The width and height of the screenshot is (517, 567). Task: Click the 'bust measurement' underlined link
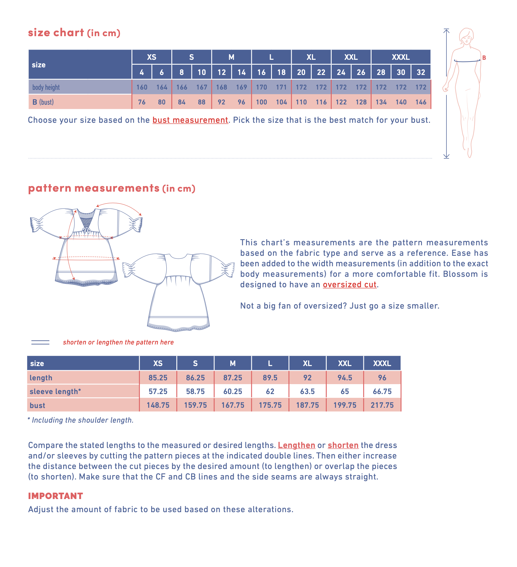(x=190, y=120)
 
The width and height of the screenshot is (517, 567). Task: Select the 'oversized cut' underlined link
(x=349, y=285)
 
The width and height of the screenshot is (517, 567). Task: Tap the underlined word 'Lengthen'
(x=296, y=445)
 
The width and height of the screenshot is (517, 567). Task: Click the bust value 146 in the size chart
(x=421, y=102)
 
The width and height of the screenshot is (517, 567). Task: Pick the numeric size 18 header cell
(x=281, y=72)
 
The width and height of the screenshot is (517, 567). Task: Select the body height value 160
(x=142, y=87)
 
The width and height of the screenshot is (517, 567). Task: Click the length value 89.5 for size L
(x=270, y=378)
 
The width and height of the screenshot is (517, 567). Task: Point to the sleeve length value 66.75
(x=382, y=391)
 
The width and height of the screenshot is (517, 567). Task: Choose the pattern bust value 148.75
(x=158, y=405)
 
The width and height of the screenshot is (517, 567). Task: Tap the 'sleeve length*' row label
(x=55, y=391)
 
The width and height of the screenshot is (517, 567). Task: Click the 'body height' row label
(x=46, y=87)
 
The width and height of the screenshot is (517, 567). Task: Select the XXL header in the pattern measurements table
(x=344, y=363)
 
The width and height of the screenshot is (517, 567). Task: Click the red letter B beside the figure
(x=484, y=58)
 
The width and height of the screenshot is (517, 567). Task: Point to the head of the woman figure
(x=466, y=37)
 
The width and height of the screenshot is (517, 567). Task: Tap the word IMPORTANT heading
(x=55, y=496)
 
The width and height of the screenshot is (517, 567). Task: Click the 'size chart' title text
(x=56, y=33)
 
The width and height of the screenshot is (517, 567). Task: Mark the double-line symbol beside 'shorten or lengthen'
(x=40, y=342)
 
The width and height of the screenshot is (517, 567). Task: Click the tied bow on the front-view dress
(x=86, y=230)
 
